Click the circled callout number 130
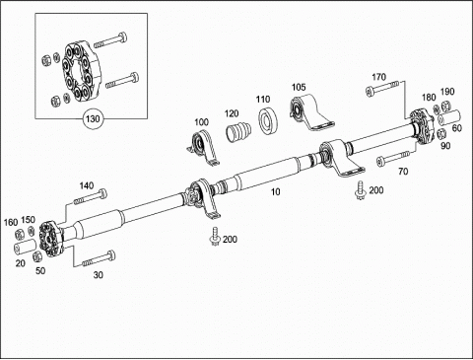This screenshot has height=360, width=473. [x=93, y=118]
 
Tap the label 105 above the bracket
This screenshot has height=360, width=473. [x=299, y=87]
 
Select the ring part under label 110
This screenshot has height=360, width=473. [x=268, y=120]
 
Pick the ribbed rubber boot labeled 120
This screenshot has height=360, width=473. [x=238, y=131]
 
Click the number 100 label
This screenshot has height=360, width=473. [x=201, y=122]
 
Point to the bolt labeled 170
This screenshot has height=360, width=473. [x=382, y=88]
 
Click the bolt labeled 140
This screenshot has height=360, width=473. [x=91, y=197]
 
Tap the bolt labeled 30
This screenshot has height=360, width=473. [x=99, y=258]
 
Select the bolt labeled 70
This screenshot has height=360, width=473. [x=393, y=158]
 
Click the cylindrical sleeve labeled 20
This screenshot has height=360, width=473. [x=26, y=248]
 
